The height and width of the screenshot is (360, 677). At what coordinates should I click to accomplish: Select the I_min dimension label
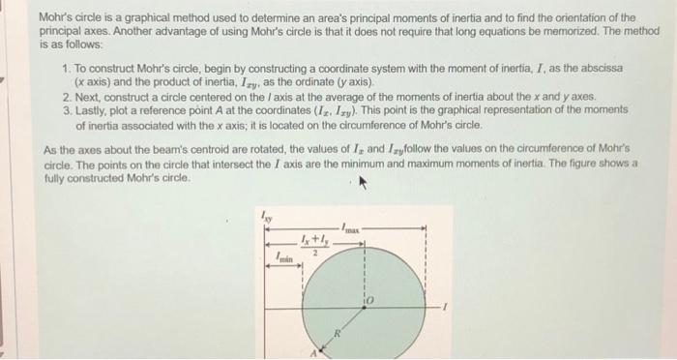point(283,258)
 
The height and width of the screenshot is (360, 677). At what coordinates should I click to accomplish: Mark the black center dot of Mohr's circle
point(364,309)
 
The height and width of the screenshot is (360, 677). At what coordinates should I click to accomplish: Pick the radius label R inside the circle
point(338,334)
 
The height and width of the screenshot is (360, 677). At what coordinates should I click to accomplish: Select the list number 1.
point(64,70)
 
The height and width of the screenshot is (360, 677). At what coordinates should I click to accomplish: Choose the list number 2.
point(64,98)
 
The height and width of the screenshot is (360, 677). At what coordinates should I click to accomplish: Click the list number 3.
point(64,111)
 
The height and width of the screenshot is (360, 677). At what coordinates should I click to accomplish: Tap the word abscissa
point(600,70)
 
